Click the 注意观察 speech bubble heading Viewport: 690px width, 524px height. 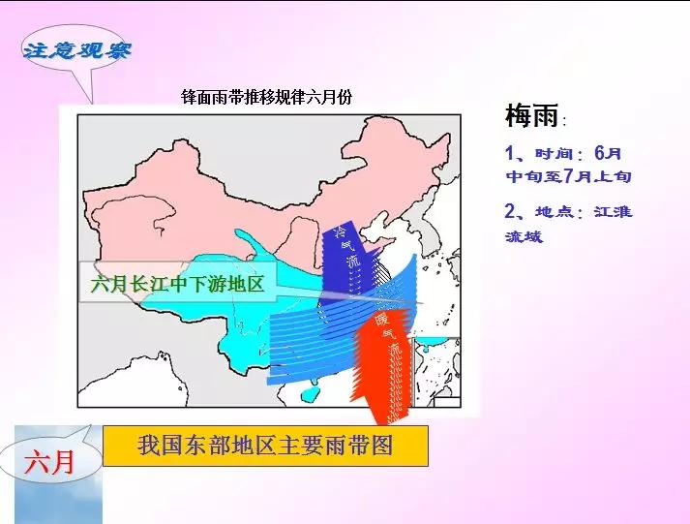point(76,50)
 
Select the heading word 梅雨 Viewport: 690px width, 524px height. point(531,118)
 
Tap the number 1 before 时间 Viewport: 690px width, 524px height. point(510,154)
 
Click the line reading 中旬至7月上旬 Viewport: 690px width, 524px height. point(568,177)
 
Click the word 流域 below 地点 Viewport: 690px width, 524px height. point(524,235)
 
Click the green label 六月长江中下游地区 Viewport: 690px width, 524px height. point(177,286)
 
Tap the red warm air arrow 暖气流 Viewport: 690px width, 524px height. point(382,363)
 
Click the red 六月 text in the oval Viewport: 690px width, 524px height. point(48,463)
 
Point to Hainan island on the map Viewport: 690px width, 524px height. point(310,395)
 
